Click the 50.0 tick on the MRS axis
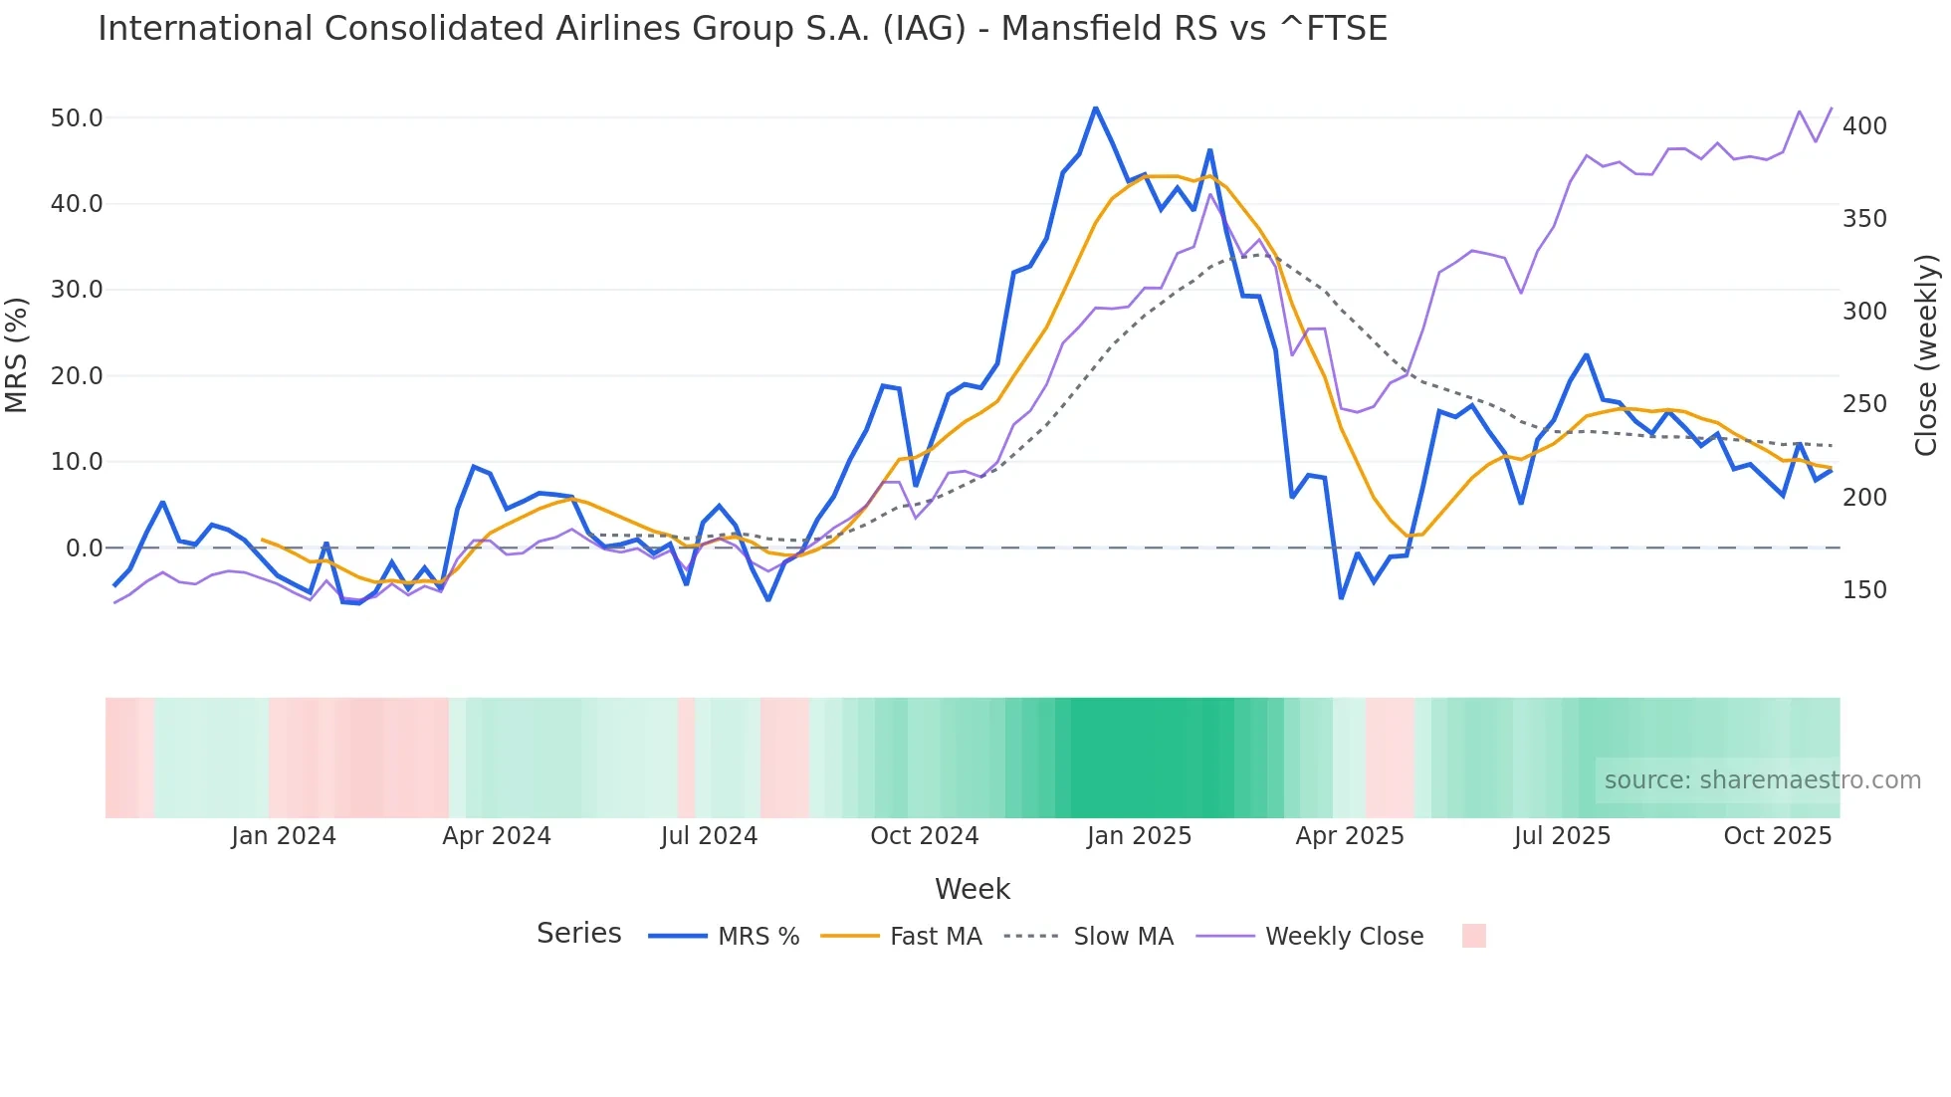[77, 118]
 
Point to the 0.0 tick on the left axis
[85, 548]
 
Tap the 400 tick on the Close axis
[1864, 126]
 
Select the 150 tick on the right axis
[1864, 590]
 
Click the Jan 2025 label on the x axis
[1139, 836]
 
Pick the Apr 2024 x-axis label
[496, 836]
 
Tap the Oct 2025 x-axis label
[1777, 836]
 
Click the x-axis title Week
[972, 889]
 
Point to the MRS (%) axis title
[16, 354]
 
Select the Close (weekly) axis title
[1926, 355]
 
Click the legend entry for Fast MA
[935, 937]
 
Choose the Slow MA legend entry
[1123, 937]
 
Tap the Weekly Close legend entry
[1344, 937]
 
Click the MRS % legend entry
[758, 937]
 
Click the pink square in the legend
[1473, 936]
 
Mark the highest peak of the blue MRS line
[1095, 108]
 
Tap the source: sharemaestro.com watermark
[1762, 780]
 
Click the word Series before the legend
[578, 934]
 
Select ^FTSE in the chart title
[1332, 29]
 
